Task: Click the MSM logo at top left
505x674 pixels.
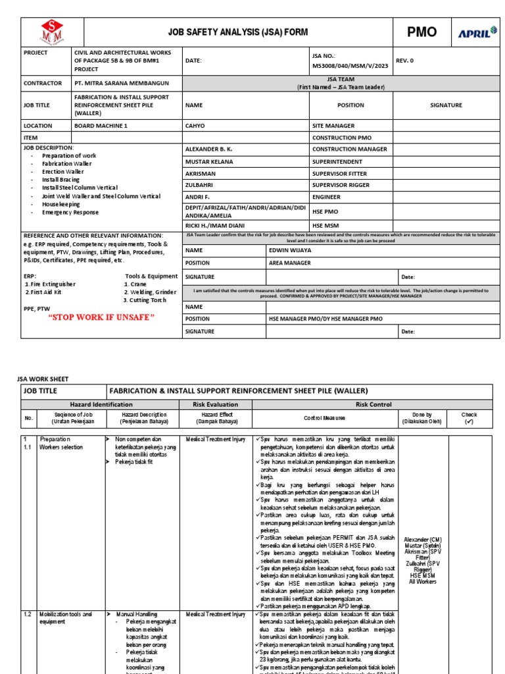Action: [53, 32]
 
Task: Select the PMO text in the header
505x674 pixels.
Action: [422, 32]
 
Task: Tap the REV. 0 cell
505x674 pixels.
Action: [405, 61]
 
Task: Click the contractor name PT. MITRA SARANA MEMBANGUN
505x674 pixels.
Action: [122, 84]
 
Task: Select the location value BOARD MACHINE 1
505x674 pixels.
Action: [101, 126]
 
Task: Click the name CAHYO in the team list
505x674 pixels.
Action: [195, 126]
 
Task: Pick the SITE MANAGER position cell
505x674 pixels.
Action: [333, 126]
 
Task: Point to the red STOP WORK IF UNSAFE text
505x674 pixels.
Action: [101, 317]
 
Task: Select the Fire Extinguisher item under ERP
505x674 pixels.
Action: [53, 284]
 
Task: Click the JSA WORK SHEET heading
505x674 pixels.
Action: [42, 379]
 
